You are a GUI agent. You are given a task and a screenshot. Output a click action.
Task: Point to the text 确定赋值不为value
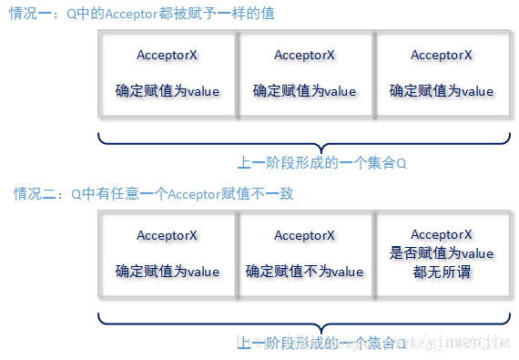coord(304,272)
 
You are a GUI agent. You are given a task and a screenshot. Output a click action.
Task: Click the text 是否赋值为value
coord(442,252)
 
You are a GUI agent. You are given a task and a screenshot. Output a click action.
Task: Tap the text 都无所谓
coord(442,272)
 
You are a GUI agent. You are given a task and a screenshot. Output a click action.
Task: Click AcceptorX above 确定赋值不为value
coord(304,235)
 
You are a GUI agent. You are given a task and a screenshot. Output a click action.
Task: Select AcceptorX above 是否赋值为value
coord(442,234)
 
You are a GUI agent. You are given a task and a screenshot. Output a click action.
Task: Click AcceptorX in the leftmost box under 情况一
coord(168,55)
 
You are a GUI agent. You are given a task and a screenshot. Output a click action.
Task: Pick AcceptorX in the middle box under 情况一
coord(304,55)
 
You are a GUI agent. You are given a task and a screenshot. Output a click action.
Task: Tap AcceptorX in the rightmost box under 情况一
coord(442,55)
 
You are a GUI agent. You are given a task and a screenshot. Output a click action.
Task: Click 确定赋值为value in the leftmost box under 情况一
coord(168,91)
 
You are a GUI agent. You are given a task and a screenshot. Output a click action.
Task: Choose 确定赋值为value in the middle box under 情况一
coord(304,91)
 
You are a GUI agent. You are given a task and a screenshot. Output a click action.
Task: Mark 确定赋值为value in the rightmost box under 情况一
coord(442,91)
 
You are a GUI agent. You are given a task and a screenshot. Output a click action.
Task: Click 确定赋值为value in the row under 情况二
coord(168,272)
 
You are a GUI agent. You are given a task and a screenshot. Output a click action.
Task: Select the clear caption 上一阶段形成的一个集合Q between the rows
coord(322,163)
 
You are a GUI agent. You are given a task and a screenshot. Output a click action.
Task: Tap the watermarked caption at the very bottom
coord(322,343)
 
